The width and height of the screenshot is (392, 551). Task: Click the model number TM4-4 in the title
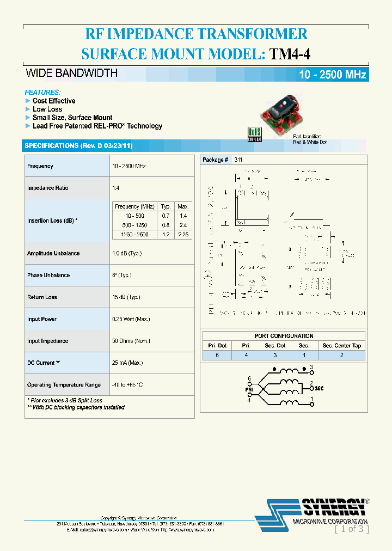290,53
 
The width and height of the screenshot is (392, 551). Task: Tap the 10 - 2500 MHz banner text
332,75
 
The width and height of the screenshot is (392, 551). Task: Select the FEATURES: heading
43,93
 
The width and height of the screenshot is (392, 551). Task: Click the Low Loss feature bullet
47,109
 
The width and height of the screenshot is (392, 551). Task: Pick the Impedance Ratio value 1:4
116,188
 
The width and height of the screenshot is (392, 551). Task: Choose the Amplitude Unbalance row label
53,253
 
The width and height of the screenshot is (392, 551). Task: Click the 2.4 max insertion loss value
183,225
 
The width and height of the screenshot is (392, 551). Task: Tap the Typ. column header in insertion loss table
166,206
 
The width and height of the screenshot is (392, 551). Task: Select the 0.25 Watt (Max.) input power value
131,319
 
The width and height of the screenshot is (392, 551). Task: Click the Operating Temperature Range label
64,385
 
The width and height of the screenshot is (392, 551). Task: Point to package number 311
238,160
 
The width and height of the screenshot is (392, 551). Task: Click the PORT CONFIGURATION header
284,336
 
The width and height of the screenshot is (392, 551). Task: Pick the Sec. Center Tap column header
341,346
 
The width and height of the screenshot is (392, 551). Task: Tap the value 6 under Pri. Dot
217,355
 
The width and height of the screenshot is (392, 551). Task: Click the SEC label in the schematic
319,388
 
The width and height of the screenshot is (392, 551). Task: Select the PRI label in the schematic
249,389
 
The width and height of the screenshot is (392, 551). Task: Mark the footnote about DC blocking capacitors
76,407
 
